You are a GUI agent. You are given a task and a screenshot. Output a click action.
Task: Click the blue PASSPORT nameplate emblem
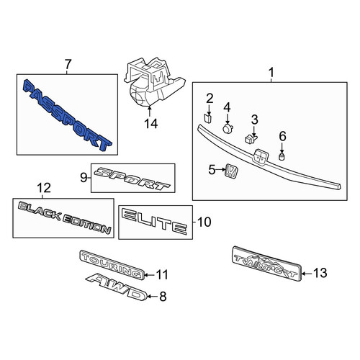pyautogui.click(x=67, y=115)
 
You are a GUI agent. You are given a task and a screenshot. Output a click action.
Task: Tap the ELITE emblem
pyautogui.click(x=154, y=222)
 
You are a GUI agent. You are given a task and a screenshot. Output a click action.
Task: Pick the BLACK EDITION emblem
pyautogui.click(x=64, y=218)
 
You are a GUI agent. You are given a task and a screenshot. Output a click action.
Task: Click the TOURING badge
pyautogui.click(x=112, y=265)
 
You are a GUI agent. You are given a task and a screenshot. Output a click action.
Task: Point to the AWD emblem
pyautogui.click(x=117, y=287)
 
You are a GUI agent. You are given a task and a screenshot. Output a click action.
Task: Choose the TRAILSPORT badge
pyautogui.click(x=266, y=264)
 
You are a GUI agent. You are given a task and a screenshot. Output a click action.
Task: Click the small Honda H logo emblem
pyautogui.click(x=231, y=171)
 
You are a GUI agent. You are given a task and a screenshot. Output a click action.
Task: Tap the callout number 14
pyautogui.click(x=151, y=124)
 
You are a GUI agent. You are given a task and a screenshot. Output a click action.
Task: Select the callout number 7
pyautogui.click(x=68, y=64)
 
